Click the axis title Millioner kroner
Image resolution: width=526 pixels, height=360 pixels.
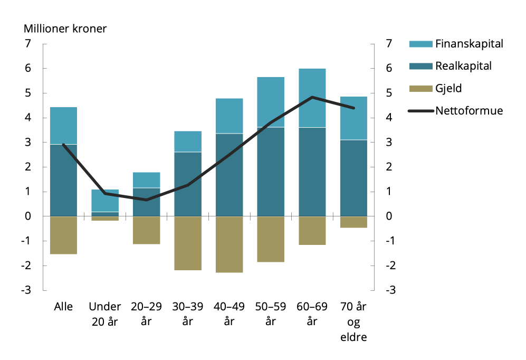(x=65, y=29)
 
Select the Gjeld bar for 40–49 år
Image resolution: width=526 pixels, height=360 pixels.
(x=229, y=244)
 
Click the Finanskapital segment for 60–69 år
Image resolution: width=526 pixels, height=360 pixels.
(x=312, y=98)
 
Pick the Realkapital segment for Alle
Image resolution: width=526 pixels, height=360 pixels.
(x=63, y=180)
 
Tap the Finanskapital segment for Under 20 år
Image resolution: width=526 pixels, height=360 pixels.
(x=105, y=201)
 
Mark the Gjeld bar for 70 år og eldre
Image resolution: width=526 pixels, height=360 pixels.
(x=353, y=222)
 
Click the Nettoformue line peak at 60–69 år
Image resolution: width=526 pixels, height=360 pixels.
(x=312, y=97)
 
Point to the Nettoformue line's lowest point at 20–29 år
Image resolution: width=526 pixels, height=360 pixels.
(x=146, y=200)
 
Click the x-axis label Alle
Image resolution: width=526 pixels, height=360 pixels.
(x=63, y=307)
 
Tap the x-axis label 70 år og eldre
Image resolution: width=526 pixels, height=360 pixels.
(x=353, y=322)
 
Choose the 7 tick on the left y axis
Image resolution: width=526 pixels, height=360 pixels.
(x=28, y=44)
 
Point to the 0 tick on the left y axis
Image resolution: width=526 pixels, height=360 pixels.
(x=28, y=216)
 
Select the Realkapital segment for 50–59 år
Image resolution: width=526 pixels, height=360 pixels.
(x=271, y=172)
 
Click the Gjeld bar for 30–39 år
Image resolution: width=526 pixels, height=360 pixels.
(x=188, y=243)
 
